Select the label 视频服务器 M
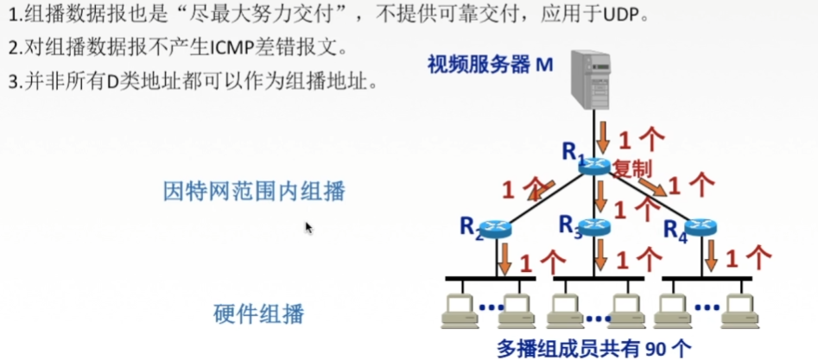(489, 65)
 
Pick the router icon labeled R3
(595, 226)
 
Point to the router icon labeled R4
(701, 228)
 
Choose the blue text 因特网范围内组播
(254, 192)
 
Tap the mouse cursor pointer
(308, 227)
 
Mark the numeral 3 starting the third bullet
(12, 83)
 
